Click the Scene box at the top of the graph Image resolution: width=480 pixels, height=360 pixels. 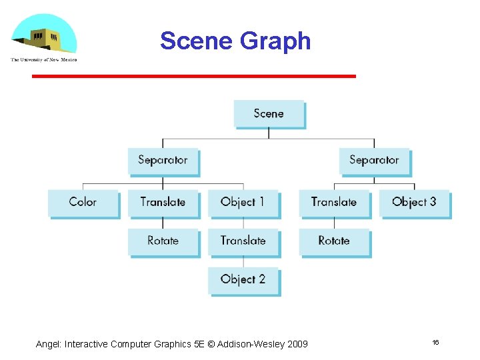[x=269, y=114]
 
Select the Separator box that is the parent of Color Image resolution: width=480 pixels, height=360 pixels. [x=163, y=161]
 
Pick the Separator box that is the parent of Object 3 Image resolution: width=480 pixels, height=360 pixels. [x=373, y=161]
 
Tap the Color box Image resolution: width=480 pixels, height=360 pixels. [x=83, y=202]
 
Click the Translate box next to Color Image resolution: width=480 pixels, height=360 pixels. [x=163, y=202]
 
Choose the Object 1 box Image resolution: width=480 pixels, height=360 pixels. [x=243, y=202]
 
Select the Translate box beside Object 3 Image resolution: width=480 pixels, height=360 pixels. [x=334, y=202]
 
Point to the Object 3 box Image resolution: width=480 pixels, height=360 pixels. [x=414, y=202]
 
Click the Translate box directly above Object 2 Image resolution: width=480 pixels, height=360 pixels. [x=243, y=241]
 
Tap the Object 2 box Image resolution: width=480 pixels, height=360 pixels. [x=243, y=280]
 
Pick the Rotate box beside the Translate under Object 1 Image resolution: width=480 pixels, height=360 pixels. [x=163, y=241]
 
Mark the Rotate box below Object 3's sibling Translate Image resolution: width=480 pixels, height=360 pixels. [x=334, y=241]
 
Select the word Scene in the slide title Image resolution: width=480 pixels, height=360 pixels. [x=196, y=41]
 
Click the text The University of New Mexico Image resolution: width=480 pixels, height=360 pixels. [x=44, y=60]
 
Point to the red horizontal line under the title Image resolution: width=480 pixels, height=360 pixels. [x=194, y=77]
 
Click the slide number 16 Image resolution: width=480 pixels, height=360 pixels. [x=435, y=342]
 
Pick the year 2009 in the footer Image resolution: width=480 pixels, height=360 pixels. [x=297, y=344]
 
